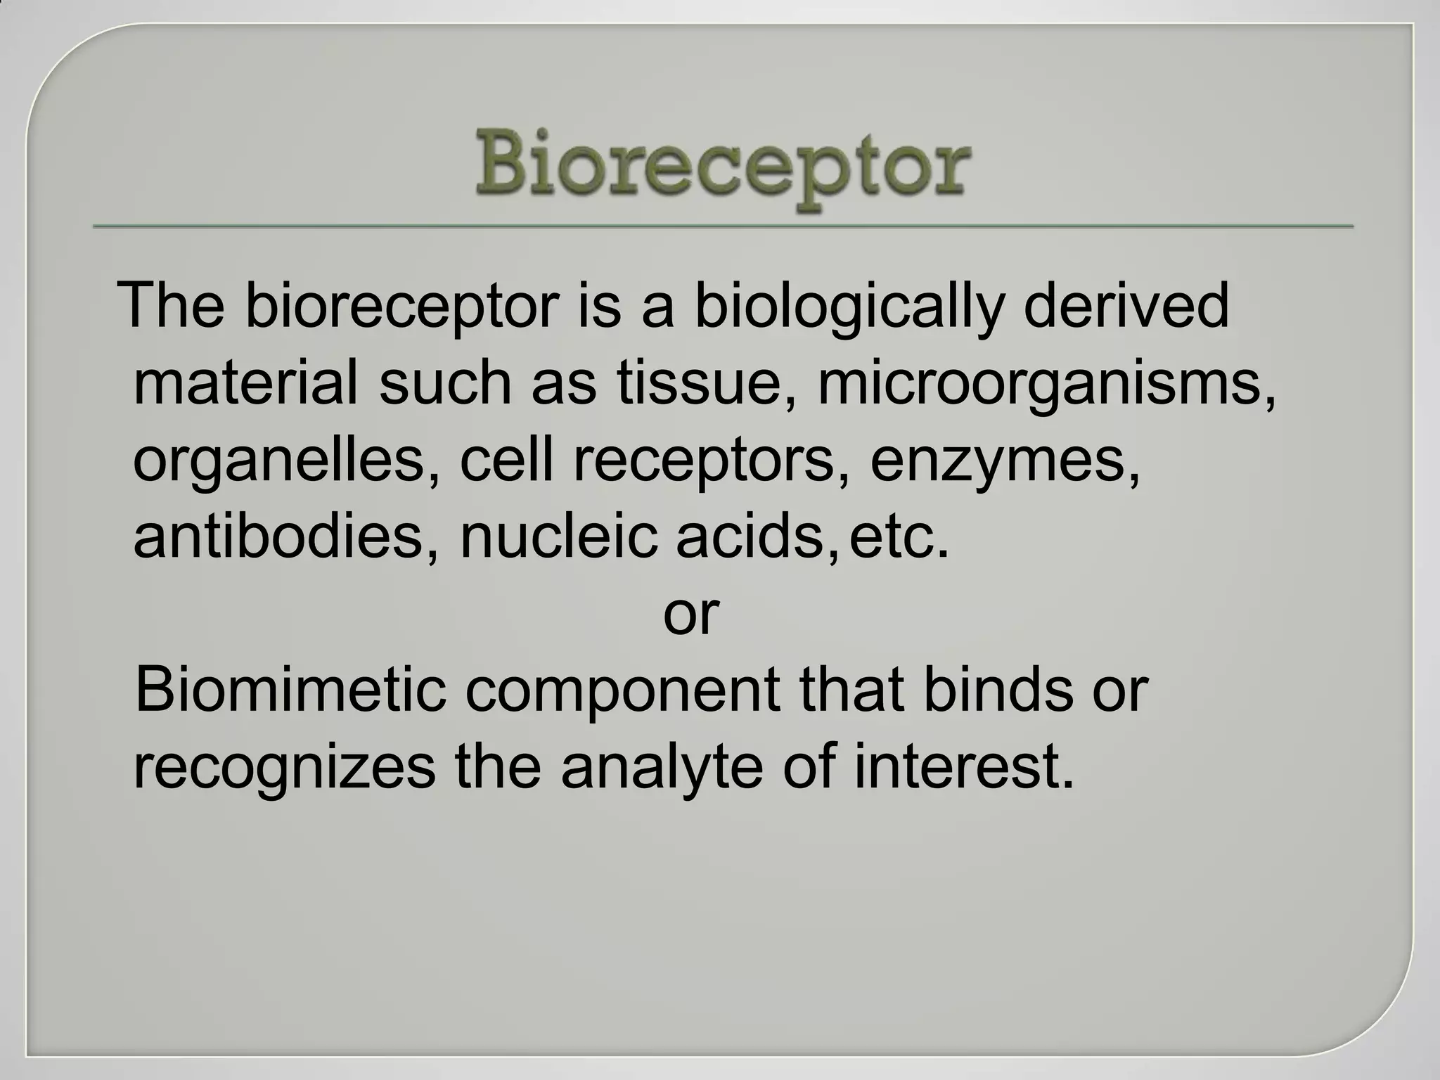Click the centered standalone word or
coord(690,614)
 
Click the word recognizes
coord(284,768)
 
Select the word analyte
coord(662,768)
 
